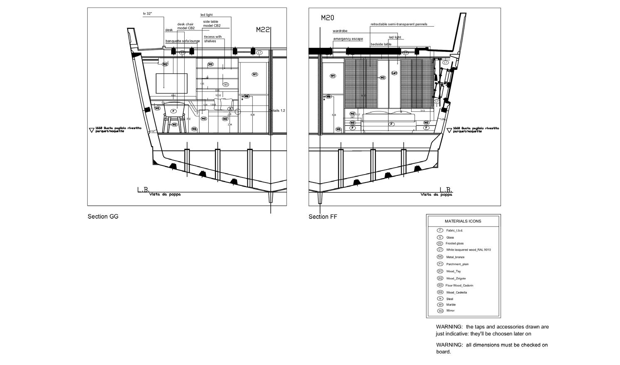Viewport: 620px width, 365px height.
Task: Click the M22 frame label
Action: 263,30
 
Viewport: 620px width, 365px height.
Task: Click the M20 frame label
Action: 328,18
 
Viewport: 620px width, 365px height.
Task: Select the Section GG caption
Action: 103,217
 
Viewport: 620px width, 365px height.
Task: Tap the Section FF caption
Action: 323,217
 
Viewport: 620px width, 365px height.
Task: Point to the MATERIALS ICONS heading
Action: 463,221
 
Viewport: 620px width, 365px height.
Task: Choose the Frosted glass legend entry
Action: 455,244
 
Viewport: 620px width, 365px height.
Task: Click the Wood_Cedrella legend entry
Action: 456,293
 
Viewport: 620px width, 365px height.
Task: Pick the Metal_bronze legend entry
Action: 455,257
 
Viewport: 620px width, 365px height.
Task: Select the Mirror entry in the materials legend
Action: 450,311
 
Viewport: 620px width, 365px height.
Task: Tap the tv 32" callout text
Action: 148,14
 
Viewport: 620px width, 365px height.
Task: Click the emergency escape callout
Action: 348,39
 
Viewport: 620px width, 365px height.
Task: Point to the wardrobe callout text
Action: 340,31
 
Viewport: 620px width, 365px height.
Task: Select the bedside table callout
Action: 381,44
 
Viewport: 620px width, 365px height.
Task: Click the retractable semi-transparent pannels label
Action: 399,25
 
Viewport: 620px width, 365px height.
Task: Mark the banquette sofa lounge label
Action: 183,41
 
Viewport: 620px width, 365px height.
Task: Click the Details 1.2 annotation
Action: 277,111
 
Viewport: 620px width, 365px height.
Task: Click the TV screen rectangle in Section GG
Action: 171,83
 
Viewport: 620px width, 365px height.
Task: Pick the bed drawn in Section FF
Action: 389,121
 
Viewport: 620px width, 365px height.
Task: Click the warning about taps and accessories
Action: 492,330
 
